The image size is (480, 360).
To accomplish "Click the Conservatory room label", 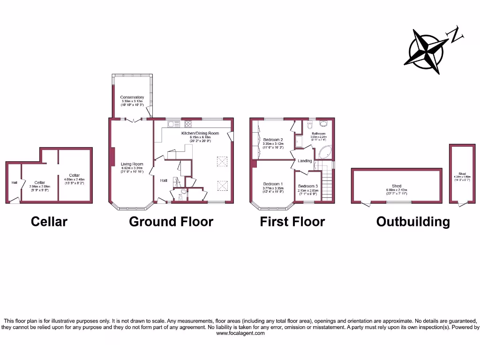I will (132, 97).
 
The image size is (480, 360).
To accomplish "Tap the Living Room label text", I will (132, 164).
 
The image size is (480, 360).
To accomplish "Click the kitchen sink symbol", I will (171, 124).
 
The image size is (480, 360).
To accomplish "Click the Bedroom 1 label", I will (272, 184).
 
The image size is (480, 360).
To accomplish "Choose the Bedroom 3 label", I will (308, 186).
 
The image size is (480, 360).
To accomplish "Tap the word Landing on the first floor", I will (305, 161).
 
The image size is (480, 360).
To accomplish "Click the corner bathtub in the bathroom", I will (324, 153).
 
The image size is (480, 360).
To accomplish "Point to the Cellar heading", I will (49, 222).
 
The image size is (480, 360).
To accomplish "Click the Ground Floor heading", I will (171, 222).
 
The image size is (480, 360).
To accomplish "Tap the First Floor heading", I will (292, 222).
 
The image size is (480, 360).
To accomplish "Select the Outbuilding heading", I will (413, 222).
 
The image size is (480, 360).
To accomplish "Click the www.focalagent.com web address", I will (240, 333).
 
